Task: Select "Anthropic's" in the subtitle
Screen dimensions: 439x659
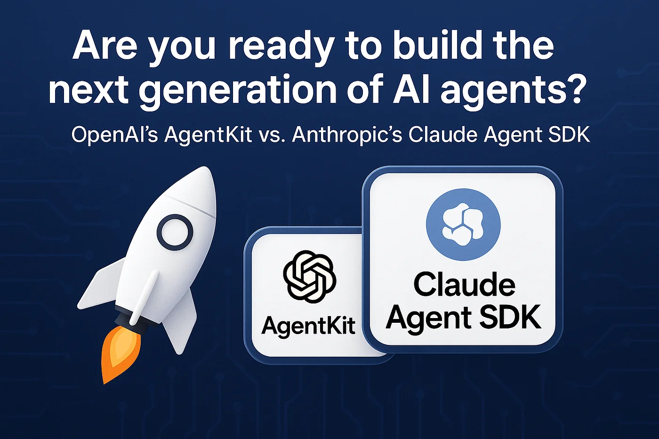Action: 347,135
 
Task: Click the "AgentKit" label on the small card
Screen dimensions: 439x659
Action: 309,325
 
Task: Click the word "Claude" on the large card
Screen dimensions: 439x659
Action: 464,284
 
